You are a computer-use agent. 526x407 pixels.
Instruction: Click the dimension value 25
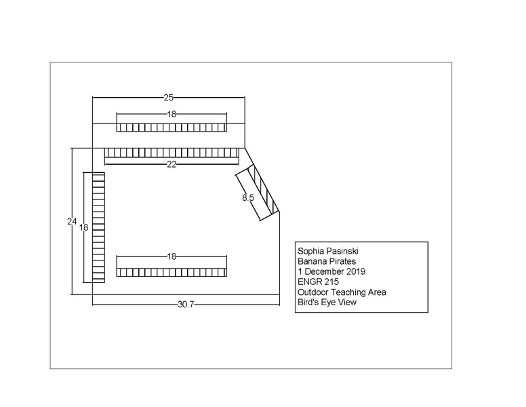(x=168, y=98)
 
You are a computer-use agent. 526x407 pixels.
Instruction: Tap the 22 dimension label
(x=171, y=164)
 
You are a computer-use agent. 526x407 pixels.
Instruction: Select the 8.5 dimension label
(x=248, y=198)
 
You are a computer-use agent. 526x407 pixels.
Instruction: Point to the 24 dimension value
(x=72, y=221)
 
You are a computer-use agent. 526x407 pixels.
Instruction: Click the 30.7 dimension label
(x=186, y=305)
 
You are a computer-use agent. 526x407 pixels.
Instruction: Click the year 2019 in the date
(x=356, y=271)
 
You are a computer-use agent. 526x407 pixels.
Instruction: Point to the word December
(x=324, y=271)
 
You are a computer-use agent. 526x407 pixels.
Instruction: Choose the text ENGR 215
(x=318, y=282)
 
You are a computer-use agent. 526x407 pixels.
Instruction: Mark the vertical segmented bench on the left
(x=99, y=228)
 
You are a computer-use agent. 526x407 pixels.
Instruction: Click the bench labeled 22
(x=171, y=153)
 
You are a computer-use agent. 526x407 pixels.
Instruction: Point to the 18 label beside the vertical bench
(x=83, y=227)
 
